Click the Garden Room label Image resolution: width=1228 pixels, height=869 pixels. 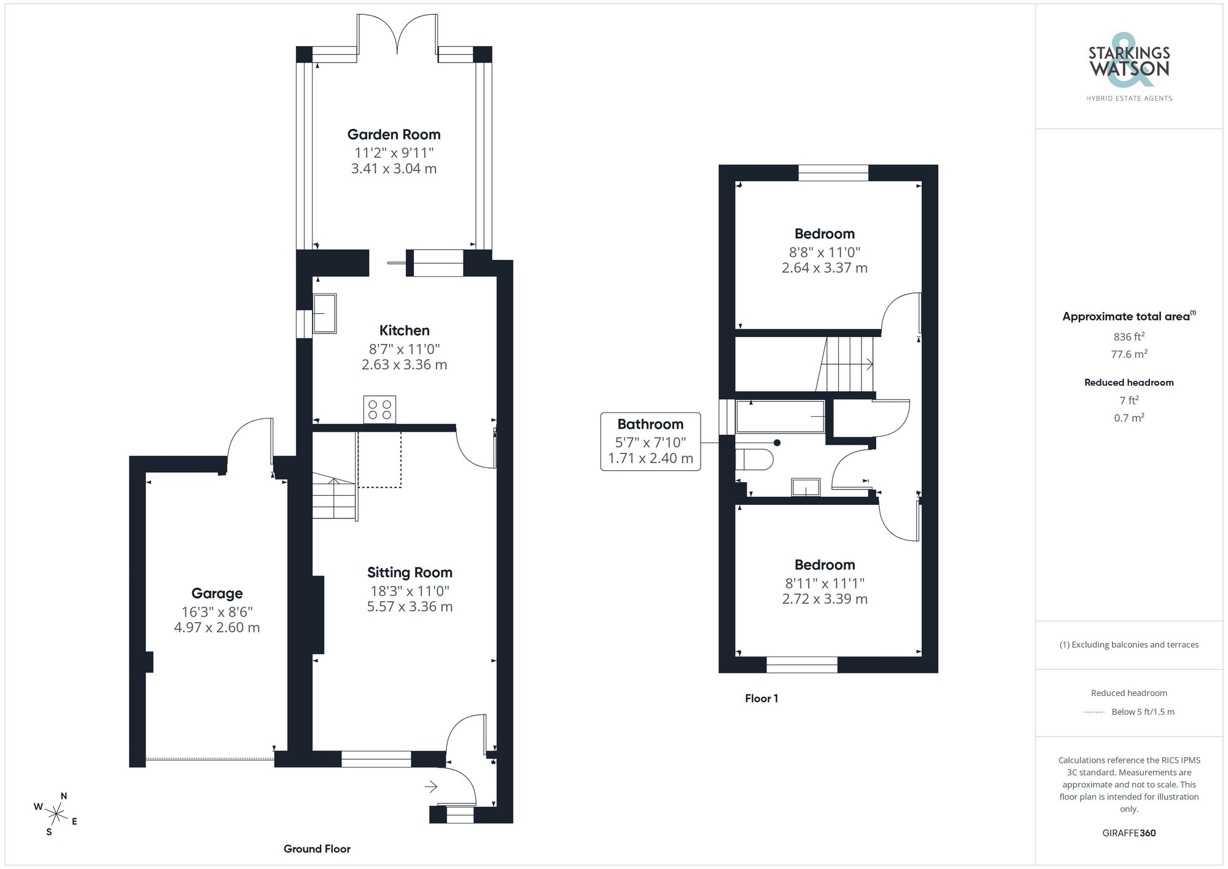coord(394,134)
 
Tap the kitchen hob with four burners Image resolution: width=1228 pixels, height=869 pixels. coord(379,410)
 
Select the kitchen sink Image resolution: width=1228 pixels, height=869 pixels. coord(325,313)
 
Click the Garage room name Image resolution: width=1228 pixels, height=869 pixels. coord(217,593)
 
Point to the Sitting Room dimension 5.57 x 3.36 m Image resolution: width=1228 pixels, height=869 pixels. coord(410,607)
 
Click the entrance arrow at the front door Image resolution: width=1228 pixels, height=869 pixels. coord(430,786)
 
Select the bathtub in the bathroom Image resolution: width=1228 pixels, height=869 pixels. coord(780,417)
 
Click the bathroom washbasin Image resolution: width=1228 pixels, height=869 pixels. coord(806,487)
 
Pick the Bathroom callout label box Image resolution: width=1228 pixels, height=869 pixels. coord(650,442)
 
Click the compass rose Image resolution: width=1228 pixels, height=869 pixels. coord(56,814)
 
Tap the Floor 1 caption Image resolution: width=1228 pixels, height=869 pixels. coord(761,698)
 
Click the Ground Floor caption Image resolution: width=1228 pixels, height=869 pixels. coord(317,849)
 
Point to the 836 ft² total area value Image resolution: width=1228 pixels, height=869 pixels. coord(1129,337)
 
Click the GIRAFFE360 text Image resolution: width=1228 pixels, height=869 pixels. coord(1129,833)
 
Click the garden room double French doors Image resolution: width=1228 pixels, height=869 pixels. coord(398,34)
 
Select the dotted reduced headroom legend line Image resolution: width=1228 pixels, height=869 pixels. coord(1094,712)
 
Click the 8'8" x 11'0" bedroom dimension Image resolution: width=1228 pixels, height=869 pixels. coord(824,252)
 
